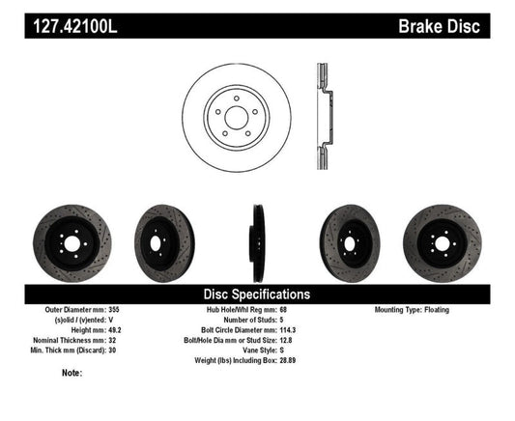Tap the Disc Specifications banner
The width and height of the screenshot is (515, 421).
257,294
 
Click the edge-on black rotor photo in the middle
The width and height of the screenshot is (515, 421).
258,239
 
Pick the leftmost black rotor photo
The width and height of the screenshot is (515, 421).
72,239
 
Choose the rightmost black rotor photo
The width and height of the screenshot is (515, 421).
441,239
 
